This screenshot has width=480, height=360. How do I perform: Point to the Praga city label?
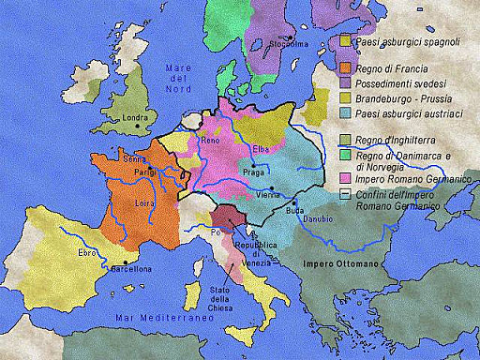(254, 173)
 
